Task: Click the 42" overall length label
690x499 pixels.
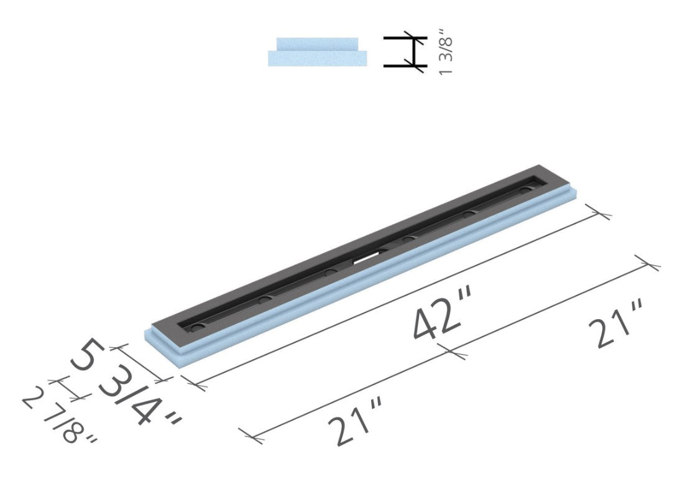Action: [x=444, y=318]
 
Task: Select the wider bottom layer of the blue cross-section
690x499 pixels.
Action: [x=318, y=58]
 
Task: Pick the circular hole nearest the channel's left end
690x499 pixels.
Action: [x=197, y=325]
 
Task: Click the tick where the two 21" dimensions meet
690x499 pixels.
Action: [x=454, y=353]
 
